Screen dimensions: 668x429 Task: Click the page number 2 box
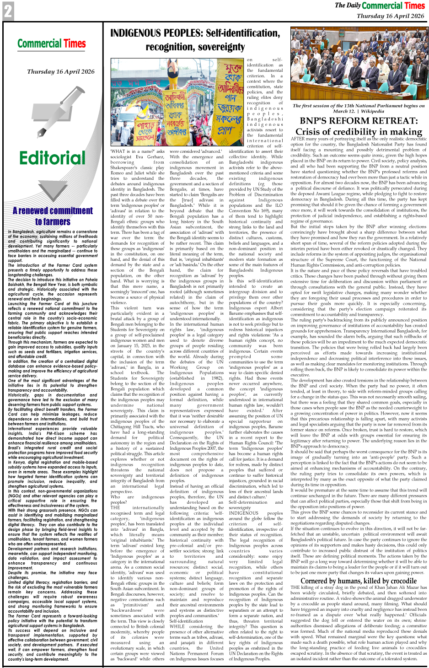[x=8, y=11]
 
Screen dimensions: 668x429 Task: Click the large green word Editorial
[x=52, y=158]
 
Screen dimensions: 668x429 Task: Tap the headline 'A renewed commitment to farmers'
[x=53, y=216]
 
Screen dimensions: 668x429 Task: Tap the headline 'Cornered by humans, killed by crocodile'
[x=359, y=581]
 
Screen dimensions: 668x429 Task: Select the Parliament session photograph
[x=359, y=64]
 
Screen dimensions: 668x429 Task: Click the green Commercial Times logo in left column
[x=52, y=43]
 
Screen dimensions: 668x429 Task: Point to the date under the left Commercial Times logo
[x=61, y=71]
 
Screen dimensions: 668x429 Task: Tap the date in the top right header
[x=390, y=16]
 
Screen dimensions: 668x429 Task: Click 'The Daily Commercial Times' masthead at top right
[x=380, y=5]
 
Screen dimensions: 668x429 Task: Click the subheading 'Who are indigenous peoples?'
[x=137, y=499]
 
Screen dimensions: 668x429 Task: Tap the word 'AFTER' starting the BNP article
[x=298, y=139]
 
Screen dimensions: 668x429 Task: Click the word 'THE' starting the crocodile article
[x=295, y=587]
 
